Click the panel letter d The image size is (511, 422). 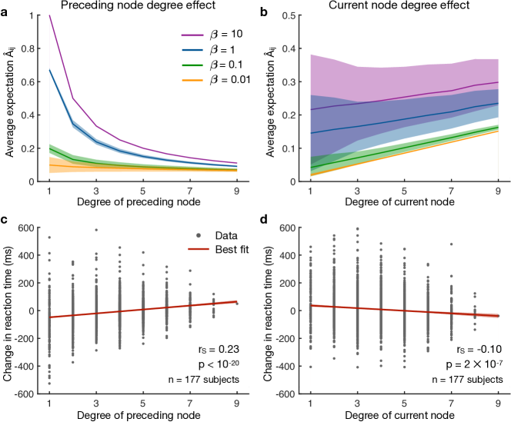(266, 222)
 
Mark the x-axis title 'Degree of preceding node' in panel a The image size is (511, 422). (136, 202)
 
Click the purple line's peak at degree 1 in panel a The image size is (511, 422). (49, 15)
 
